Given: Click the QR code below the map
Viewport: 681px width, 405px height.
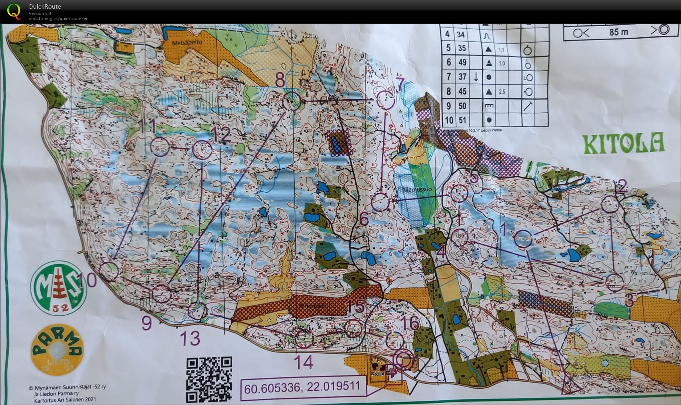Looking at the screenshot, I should [209, 379].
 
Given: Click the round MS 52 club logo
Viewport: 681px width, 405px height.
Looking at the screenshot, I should [58, 288].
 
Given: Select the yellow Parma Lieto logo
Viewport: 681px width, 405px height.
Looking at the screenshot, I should [57, 349].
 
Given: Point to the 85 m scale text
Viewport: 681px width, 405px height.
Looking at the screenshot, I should [619, 32].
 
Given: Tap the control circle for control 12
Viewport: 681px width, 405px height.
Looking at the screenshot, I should [202, 150].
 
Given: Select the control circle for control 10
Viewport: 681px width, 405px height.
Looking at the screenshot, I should [109, 271].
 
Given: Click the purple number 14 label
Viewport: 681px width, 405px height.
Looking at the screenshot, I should [303, 362].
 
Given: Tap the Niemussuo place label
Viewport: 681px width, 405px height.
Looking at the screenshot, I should [417, 189].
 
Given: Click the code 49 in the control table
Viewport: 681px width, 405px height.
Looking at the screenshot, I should [462, 62].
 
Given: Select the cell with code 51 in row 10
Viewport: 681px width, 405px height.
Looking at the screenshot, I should [462, 120].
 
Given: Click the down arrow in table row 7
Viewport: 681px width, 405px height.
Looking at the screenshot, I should [476, 77].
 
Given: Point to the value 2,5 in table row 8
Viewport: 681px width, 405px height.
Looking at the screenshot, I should [502, 92].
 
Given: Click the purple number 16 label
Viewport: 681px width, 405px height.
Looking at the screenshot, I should [410, 323].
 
